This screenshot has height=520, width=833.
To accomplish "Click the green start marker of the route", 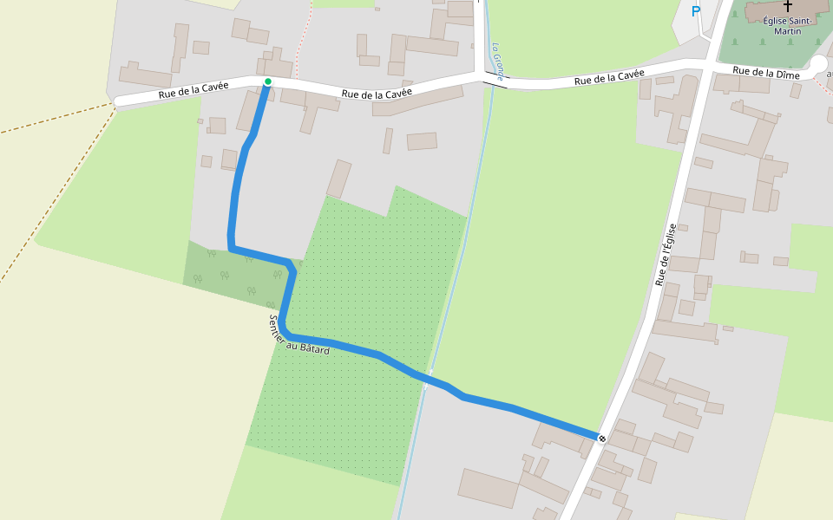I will [x=268, y=81].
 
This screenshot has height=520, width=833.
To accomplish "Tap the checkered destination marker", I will [x=601, y=439].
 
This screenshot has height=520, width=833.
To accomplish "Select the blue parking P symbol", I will [x=695, y=11].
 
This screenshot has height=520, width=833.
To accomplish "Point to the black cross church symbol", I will [x=788, y=5].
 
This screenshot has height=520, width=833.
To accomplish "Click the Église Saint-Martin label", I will [x=788, y=25].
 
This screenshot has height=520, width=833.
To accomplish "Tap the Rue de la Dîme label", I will [x=765, y=75].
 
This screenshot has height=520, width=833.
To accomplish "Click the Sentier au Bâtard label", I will [x=298, y=335].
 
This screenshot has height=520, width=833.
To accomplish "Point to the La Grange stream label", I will [x=498, y=62].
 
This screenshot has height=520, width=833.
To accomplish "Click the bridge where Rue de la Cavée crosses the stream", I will [x=495, y=80].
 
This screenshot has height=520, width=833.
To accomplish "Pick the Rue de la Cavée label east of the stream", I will [x=609, y=79].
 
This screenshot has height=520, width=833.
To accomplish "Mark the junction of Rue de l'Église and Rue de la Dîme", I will [x=708, y=67].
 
